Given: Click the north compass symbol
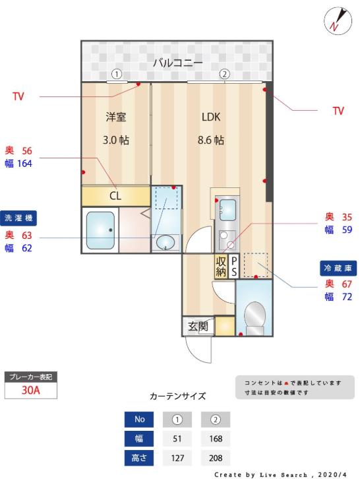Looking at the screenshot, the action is pos(338,21).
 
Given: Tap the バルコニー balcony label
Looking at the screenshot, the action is pos(177,63).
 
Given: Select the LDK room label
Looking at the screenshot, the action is pos(211,117).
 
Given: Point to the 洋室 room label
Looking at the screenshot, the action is pos(116,117).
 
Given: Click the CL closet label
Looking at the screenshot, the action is pos(115,196).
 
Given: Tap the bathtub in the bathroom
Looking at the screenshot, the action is pos(100,231).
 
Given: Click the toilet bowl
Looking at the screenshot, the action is pos(255,315).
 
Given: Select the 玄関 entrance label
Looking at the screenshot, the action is pos(198,327).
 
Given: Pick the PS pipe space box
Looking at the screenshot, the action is pos(234,266).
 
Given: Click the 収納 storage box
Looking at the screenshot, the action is pos(221,266).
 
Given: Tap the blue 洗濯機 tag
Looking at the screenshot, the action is pos(18,218).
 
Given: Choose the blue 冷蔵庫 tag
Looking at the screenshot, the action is pos(338,268).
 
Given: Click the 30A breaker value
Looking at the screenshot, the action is pos(30,391).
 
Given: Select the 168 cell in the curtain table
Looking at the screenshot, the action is pos(216,439).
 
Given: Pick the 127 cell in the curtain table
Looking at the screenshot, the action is pos(177,458).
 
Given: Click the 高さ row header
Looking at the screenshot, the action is pos(139,458).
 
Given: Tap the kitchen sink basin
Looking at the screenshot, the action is pos(227,210).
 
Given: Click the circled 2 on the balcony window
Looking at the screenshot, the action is pos(224,75).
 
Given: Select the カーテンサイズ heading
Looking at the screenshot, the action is pos(177,397).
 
